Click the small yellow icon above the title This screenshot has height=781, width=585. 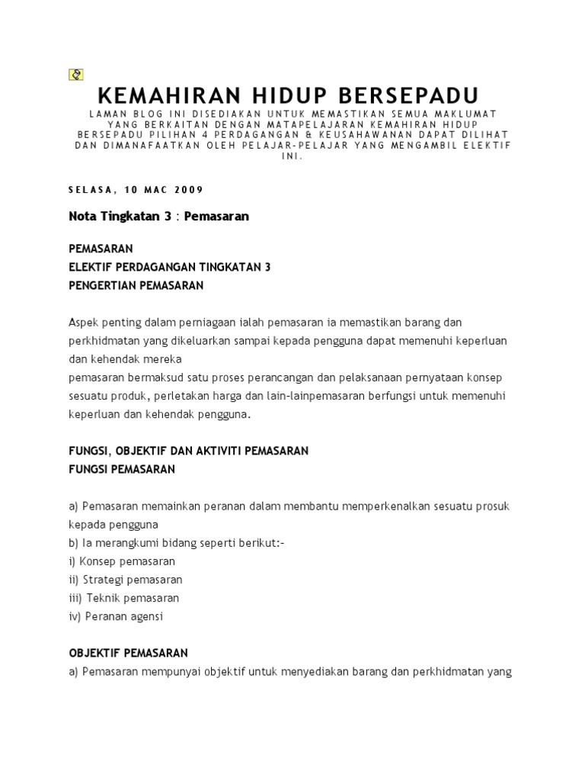pyautogui.click(x=75, y=74)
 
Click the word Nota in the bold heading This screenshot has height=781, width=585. pyautogui.click(x=84, y=217)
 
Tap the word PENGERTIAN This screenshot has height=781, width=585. pyautogui.click(x=103, y=285)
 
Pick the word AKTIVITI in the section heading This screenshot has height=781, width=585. pyautogui.click(x=216, y=451)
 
